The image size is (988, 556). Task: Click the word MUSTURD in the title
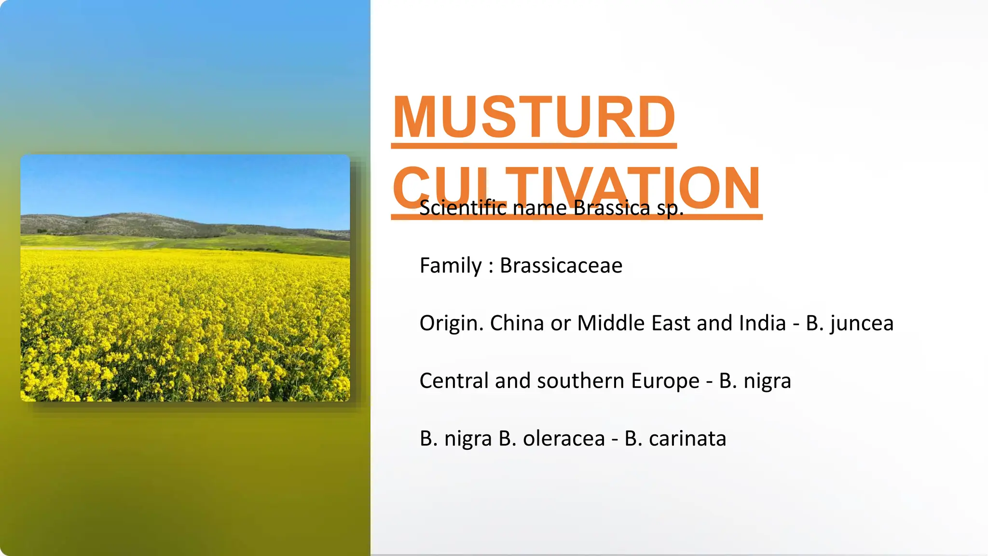coord(534,117)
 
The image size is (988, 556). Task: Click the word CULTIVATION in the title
coord(576,188)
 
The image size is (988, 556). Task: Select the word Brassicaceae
coord(561,265)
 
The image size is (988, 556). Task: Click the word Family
coord(451,265)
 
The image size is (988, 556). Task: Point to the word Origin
coord(451,323)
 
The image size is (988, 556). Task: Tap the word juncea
coord(862,323)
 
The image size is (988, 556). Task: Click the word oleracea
coord(563,438)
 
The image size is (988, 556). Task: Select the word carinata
coord(687,438)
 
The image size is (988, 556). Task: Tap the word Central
coord(454,381)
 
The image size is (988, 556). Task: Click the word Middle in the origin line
coord(610,323)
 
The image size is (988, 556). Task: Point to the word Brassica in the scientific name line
coord(612,208)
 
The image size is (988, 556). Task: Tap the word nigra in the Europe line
coord(767,381)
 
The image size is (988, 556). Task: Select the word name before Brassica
coord(539,208)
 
